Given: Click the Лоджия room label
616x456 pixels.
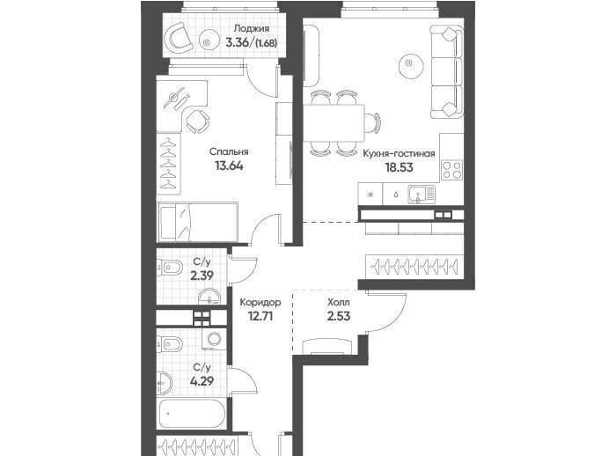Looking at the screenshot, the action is [x=252, y=29].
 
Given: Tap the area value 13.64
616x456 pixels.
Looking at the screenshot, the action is [x=229, y=165].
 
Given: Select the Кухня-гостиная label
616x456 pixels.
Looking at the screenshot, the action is [x=399, y=153].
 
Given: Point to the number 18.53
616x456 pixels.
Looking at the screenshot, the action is [x=400, y=167].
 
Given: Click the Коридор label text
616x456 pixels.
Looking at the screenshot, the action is [x=260, y=302].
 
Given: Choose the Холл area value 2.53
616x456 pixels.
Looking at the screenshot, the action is [x=339, y=316].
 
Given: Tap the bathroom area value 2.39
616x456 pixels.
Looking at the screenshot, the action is [x=202, y=276].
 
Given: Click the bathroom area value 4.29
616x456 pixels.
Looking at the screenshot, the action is [x=202, y=381].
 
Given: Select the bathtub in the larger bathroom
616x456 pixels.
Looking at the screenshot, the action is [x=192, y=414].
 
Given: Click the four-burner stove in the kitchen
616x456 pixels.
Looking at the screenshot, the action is [x=451, y=170].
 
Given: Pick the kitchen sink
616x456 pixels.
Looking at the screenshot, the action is [x=422, y=195].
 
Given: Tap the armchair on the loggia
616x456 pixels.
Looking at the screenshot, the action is [x=180, y=38].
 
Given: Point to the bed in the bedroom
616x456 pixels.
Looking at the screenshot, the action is [x=198, y=222].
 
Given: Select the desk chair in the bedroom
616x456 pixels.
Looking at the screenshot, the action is [x=197, y=121].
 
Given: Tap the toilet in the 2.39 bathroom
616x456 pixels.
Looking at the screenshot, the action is [x=171, y=268].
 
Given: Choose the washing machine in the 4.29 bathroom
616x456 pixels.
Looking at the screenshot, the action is [x=214, y=339].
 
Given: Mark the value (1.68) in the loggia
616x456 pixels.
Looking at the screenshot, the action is [x=266, y=43].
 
